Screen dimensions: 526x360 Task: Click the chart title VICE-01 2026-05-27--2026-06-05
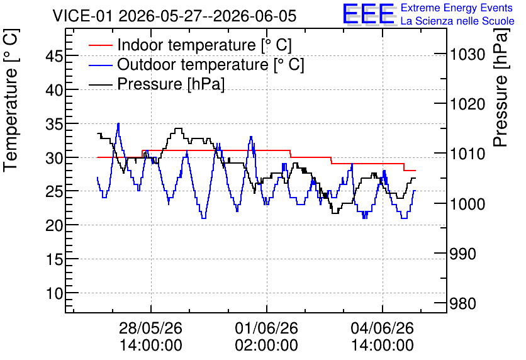174,16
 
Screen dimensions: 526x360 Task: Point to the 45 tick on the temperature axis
54,55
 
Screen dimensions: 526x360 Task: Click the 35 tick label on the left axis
54,123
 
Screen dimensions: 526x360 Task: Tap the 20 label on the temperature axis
54,225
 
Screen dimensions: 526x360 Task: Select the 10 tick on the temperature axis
54,293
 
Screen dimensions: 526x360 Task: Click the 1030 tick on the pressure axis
467,54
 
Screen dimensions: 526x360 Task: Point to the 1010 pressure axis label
467,154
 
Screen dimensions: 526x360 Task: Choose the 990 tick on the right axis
463,254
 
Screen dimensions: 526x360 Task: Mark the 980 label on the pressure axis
463,303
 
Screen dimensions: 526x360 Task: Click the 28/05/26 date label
150,328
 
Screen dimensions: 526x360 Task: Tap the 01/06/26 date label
266,328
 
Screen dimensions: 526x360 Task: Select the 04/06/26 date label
382,328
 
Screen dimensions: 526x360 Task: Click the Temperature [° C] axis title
11,101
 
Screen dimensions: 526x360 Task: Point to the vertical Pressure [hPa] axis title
501,88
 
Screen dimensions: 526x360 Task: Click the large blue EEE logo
369,14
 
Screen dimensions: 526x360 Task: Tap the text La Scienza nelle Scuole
457,21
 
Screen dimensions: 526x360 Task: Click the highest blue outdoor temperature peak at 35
118,124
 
